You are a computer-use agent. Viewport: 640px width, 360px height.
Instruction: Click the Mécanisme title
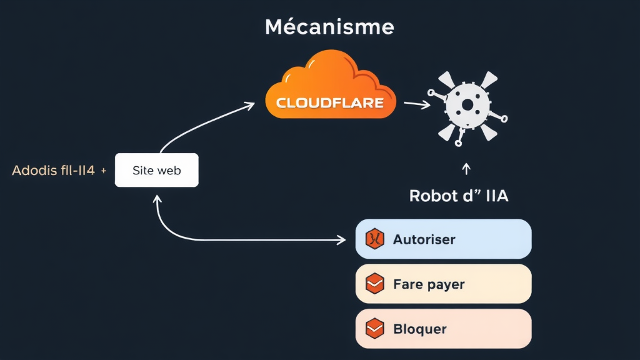pyautogui.click(x=329, y=27)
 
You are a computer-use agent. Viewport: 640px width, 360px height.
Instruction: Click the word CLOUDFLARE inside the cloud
pyautogui.click(x=330, y=103)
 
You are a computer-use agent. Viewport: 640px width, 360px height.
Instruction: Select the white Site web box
pyautogui.click(x=157, y=170)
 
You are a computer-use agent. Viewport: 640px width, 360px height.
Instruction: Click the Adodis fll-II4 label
pyautogui.click(x=54, y=170)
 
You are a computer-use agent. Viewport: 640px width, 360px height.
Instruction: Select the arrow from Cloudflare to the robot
pyautogui.click(x=417, y=104)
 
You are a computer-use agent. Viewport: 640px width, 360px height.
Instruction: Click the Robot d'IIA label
pyautogui.click(x=459, y=196)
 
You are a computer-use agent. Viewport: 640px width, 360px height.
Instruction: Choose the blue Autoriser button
pyautogui.click(x=443, y=239)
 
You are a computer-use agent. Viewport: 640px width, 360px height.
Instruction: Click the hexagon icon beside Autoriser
pyautogui.click(x=374, y=239)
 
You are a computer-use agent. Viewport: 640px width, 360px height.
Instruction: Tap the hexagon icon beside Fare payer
pyautogui.click(x=374, y=284)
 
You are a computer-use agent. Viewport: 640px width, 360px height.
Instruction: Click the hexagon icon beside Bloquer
pyautogui.click(x=374, y=329)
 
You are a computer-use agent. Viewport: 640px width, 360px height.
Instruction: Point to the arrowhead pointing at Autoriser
pyautogui.click(x=342, y=239)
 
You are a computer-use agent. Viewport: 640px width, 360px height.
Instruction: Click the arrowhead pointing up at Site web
pyautogui.click(x=157, y=198)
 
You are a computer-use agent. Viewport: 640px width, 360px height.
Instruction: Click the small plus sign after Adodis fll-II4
pyautogui.click(x=103, y=170)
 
